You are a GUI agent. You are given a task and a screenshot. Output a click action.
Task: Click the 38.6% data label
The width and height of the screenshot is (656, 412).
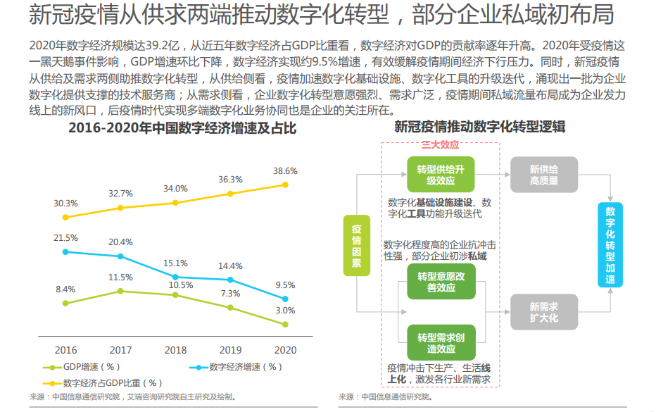[285, 170]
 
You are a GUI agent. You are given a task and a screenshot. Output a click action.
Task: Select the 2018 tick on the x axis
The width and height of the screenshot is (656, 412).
[175, 350]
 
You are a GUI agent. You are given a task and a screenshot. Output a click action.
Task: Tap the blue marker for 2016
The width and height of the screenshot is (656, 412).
[65, 251]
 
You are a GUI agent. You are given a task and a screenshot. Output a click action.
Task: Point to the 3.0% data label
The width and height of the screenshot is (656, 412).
[285, 311]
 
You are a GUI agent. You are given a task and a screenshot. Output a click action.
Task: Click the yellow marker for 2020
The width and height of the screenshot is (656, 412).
[285, 185]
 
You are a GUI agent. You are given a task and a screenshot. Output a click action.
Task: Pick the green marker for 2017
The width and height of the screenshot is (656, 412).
[120, 291]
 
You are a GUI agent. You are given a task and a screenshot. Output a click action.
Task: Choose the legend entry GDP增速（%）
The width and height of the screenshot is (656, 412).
[82, 368]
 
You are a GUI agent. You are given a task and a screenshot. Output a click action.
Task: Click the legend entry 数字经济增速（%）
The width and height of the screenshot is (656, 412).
[236, 368]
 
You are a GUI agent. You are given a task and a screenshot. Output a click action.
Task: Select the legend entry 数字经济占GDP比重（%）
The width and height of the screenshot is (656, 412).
[103, 383]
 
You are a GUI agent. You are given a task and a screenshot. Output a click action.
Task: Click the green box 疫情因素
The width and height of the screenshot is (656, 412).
[357, 245]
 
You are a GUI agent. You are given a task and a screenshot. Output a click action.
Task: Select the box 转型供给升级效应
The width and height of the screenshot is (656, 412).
[441, 175]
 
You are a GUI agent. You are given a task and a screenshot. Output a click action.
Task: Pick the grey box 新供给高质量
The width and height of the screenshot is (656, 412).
[543, 175]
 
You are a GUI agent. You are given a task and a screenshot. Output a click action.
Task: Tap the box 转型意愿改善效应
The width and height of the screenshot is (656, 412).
[441, 282]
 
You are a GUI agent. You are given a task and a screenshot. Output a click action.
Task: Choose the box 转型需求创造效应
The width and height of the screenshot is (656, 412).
[441, 343]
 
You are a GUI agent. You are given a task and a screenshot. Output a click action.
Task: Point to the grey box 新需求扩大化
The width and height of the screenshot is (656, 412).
[543, 312]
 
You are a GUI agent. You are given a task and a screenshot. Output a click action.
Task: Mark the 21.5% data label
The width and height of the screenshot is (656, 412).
[65, 238]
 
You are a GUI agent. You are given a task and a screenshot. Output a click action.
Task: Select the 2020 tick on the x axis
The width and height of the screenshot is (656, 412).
[285, 350]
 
